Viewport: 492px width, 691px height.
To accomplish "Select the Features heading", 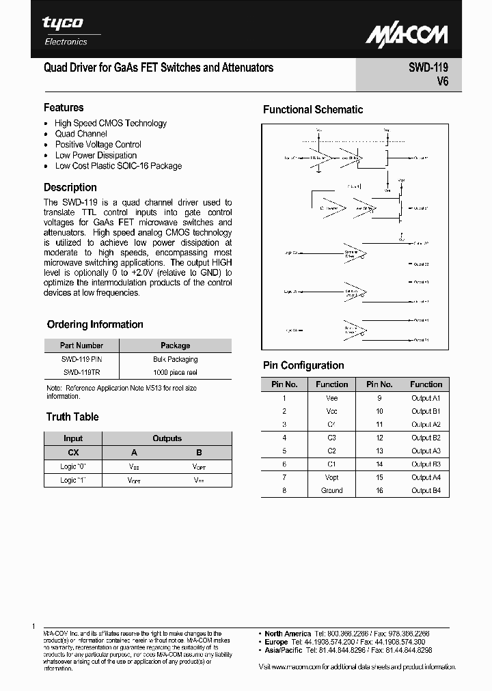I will (x=64, y=107).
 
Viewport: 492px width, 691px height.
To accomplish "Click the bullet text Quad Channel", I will (x=81, y=134).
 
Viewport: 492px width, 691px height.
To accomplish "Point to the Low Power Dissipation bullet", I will (x=96, y=155).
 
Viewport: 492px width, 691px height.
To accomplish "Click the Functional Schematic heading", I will (x=313, y=109).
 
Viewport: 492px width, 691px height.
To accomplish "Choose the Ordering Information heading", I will (x=95, y=324).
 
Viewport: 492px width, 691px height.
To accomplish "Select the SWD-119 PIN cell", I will (x=81, y=359).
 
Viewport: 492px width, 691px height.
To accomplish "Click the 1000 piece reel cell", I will (x=176, y=372).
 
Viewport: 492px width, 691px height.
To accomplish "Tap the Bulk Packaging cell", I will (x=176, y=359).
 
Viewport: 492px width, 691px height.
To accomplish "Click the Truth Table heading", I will (x=72, y=417).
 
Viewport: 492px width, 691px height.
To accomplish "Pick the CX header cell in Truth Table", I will (x=73, y=452).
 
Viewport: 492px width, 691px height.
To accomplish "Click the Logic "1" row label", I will (x=73, y=480).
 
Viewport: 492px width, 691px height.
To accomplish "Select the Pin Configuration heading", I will (x=303, y=365).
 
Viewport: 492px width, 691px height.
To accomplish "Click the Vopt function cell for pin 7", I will (x=332, y=477).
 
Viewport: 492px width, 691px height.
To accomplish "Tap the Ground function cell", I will (x=332, y=490).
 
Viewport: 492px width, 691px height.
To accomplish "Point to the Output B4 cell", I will (x=426, y=490).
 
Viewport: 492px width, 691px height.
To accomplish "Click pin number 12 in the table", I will (x=379, y=438).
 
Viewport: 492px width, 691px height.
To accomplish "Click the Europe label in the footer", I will (x=276, y=643).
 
